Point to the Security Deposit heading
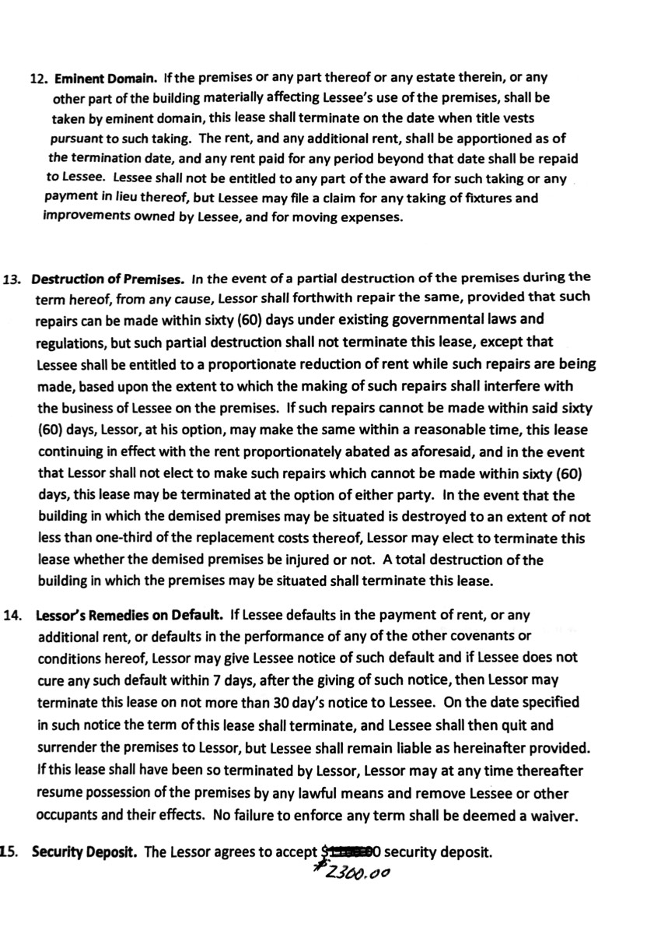point(85,851)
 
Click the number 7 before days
point(216,680)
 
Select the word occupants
point(67,816)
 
